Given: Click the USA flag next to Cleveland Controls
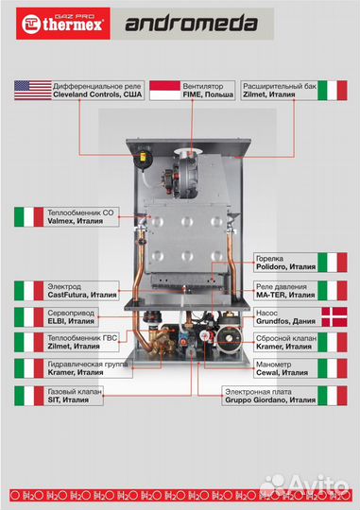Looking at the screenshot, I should point(32,91).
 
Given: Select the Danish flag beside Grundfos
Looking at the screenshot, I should point(333,317).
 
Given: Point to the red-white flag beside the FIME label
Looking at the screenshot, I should point(165,91).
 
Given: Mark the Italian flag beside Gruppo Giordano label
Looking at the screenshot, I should point(333,395).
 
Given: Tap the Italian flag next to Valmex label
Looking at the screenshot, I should point(28,215).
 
